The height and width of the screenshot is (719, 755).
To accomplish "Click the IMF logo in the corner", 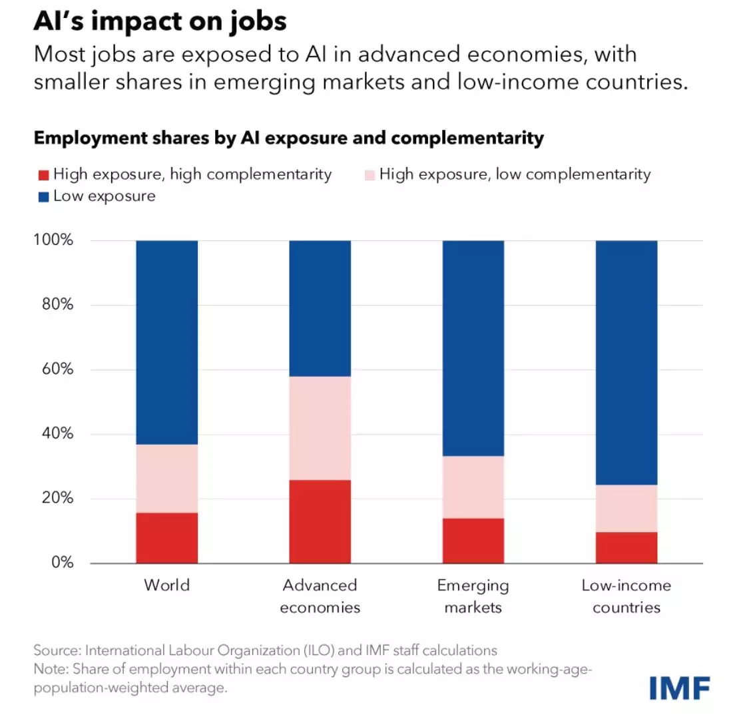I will point(680,687).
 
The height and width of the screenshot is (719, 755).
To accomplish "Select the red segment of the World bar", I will point(166,538).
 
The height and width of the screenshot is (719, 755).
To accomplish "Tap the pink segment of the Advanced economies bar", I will point(320,428).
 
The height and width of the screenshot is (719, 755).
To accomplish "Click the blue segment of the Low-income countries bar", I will point(626,362).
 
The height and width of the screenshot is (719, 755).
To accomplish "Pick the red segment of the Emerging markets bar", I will point(473,541).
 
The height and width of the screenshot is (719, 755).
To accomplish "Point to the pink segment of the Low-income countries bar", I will point(626,508).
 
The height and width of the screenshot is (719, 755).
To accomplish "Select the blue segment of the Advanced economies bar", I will point(320,308).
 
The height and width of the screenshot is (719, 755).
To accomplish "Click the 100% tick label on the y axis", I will point(53,240).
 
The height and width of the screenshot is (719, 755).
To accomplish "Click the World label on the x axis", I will point(166,585).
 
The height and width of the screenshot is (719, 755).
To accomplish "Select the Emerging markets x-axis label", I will point(473,596).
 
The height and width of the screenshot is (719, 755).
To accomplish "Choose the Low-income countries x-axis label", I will point(626,596).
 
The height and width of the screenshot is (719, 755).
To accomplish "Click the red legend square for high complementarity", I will point(43,175).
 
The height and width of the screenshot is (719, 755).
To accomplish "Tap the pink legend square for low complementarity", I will point(370,175).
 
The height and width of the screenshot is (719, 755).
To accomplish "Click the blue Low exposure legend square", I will point(43,197).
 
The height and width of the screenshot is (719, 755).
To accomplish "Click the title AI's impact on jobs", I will point(160,21).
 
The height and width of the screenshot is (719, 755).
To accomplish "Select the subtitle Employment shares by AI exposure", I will point(288,138).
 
